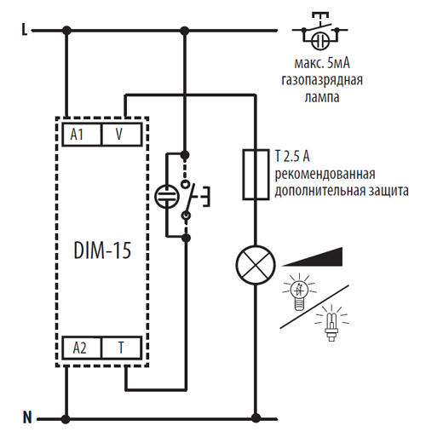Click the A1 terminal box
tap(82, 135)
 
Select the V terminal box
tap(122, 135)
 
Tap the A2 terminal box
tap(82, 348)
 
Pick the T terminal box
tap(122, 348)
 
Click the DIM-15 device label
tap(102, 250)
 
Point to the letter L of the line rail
tap(25, 29)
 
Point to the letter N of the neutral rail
tap(27, 417)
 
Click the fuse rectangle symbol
tap(256, 174)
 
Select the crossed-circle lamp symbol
tap(256, 265)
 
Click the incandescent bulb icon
tap(299, 292)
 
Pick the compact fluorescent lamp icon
tap(331, 323)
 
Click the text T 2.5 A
tap(292, 157)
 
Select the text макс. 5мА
tap(322, 63)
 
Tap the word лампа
tap(322, 97)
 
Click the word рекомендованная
tap(325, 174)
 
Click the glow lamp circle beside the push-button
tap(167, 197)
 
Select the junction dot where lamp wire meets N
tap(256, 418)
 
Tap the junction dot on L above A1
tap(66, 30)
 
